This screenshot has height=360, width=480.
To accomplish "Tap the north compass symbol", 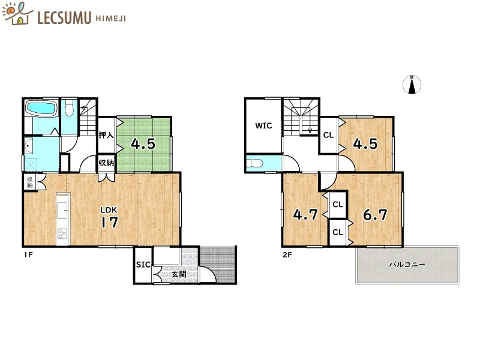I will (412, 85).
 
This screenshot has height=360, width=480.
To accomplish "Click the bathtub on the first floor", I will (40, 109).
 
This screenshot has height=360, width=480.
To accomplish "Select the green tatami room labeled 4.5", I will (144, 145).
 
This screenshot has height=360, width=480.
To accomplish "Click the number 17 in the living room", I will (109, 223).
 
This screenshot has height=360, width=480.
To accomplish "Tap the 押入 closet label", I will (106, 135).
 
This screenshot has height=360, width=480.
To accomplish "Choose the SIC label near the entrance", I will (143, 265).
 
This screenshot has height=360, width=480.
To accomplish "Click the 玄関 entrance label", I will (178, 274).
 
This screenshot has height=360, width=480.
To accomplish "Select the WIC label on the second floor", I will (263, 126).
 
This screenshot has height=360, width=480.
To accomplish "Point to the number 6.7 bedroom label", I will (374, 215).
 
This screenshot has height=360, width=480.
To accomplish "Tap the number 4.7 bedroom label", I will (305, 215).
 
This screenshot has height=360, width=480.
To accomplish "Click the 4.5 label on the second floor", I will (365, 144).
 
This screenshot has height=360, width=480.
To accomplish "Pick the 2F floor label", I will (287, 254).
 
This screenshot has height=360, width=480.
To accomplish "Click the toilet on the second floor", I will (256, 163).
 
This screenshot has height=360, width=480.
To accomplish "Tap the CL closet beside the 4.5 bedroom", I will (328, 135).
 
